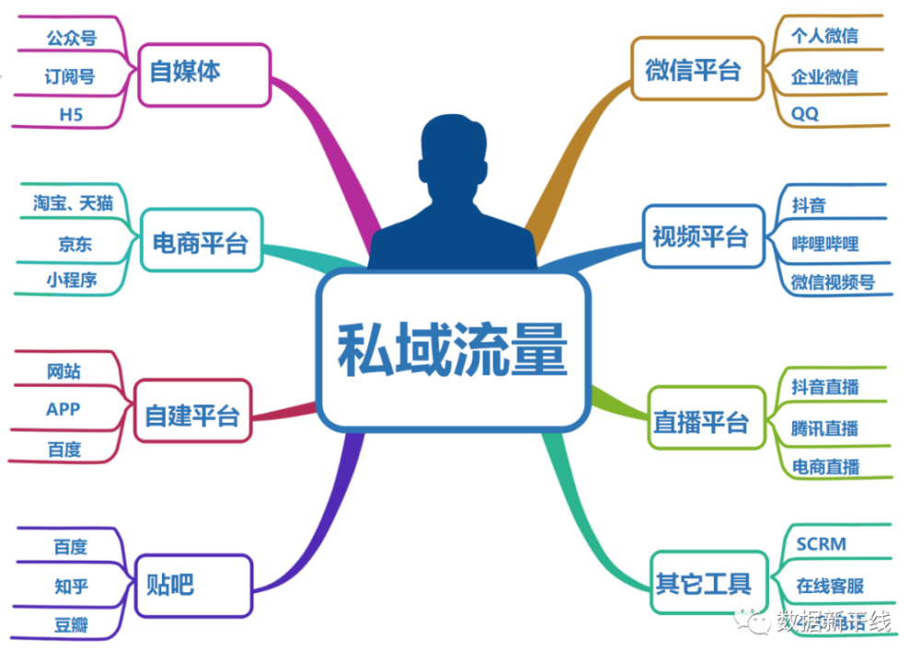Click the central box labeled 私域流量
click(453, 350)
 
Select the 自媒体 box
click(204, 75)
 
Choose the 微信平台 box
click(697, 69)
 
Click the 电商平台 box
click(202, 239)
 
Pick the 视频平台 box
click(704, 236)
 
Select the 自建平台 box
click(192, 411)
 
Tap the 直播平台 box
click(706, 418)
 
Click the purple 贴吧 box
click(193, 586)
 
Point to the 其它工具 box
click(709, 582)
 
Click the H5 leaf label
click(71, 114)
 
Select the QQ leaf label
click(805, 113)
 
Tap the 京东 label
click(76, 244)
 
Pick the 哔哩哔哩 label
click(825, 244)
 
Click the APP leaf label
click(64, 409)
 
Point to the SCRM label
click(822, 544)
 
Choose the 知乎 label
click(71, 586)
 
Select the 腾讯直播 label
click(824, 428)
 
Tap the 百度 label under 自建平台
click(64, 449)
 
